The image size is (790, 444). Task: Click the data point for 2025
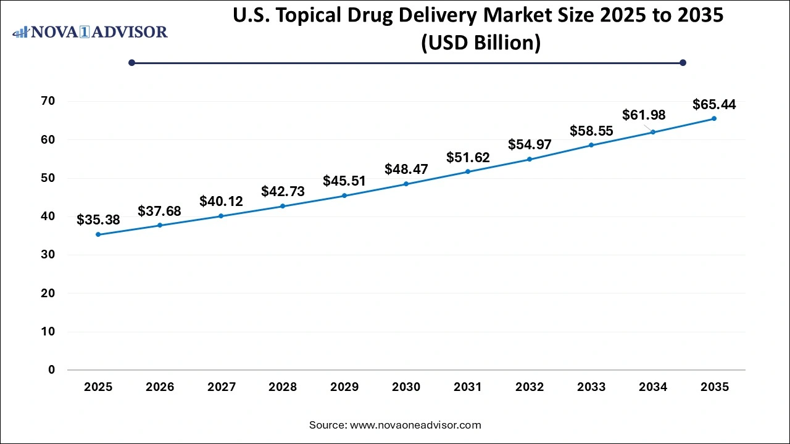coord(98,234)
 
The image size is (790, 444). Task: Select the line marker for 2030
coord(406,184)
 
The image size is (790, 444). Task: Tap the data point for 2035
coord(714,118)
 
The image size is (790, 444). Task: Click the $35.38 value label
coord(98,220)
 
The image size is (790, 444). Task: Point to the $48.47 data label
coord(406,169)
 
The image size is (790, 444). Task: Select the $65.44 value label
coord(714,104)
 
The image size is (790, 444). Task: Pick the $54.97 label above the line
coord(530,144)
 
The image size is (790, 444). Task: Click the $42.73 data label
coord(283,191)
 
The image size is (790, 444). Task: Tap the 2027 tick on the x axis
coord(221,387)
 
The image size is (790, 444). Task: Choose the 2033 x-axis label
coord(591,387)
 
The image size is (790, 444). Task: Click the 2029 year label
coord(344,387)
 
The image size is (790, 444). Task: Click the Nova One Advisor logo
coord(90,31)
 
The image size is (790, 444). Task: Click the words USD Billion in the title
coord(480,43)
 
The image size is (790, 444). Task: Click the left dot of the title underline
coord(131,62)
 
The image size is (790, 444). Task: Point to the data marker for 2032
coord(530,159)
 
